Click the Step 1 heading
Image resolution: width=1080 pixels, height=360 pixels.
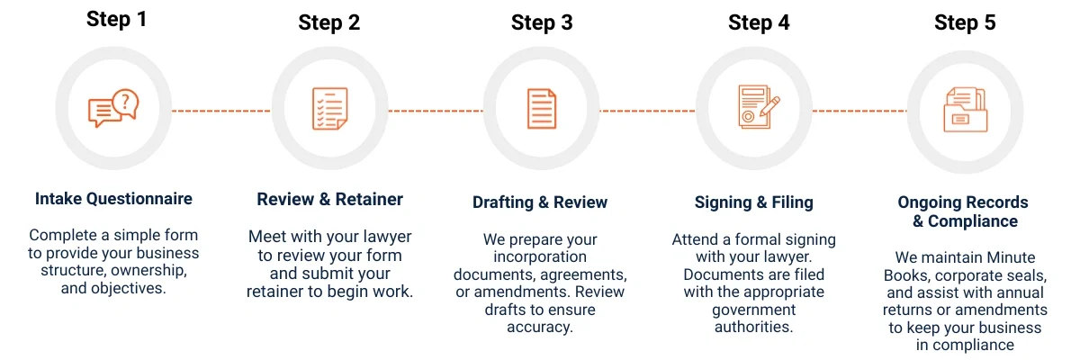click(116, 19)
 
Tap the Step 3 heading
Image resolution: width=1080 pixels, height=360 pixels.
click(542, 22)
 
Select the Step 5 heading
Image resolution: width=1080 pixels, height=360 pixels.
click(965, 22)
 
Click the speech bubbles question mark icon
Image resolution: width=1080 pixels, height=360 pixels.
click(113, 109)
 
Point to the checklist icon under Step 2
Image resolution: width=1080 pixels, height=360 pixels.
click(328, 109)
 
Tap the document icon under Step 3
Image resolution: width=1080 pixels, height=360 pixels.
click(541, 109)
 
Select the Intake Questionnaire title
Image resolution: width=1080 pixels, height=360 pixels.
click(113, 198)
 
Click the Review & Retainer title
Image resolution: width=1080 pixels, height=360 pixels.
click(329, 199)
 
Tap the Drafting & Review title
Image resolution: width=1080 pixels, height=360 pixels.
click(540, 202)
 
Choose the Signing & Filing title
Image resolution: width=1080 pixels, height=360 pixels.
click(754, 202)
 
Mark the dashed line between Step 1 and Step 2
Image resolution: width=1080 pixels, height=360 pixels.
click(220, 111)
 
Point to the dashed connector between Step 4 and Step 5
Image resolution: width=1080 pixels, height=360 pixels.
click(859, 111)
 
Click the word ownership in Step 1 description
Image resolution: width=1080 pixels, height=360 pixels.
click(148, 270)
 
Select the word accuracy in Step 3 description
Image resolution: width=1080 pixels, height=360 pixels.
click(540, 327)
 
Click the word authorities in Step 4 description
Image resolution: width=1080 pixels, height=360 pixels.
click(753, 327)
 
